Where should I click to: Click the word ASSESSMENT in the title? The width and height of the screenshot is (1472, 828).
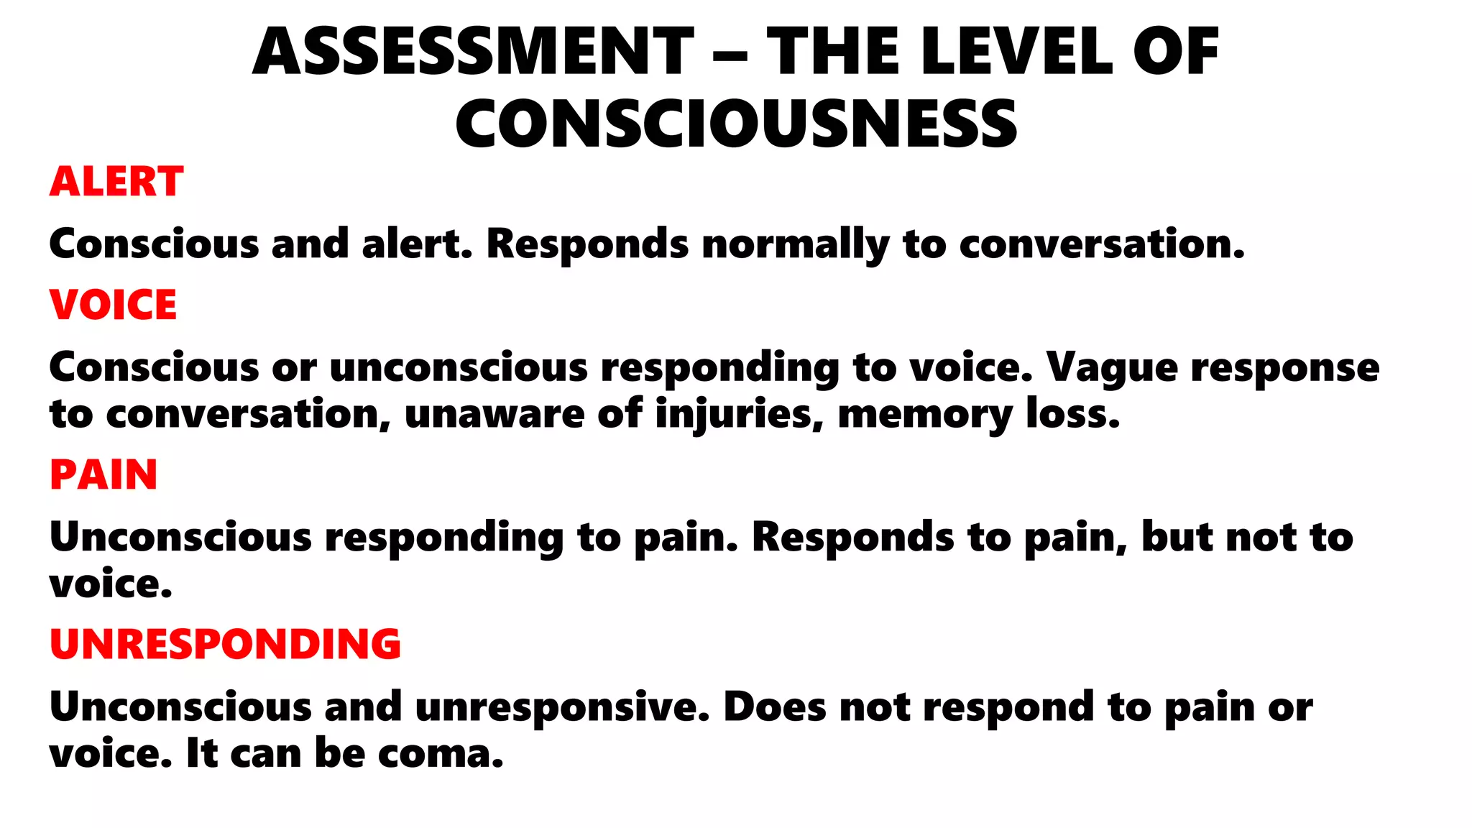[473, 52]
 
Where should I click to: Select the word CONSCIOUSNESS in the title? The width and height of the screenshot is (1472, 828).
[736, 124]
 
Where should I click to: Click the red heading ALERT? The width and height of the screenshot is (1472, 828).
[116, 181]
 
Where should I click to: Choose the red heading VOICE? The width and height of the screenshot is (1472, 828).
[113, 305]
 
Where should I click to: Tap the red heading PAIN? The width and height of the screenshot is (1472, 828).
[103, 474]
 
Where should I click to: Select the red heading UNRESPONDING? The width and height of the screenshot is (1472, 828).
[225, 644]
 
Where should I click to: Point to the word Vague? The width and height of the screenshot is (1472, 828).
[1111, 367]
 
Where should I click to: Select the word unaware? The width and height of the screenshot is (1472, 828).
[494, 415]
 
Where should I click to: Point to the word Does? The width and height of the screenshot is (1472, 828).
[775, 707]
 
